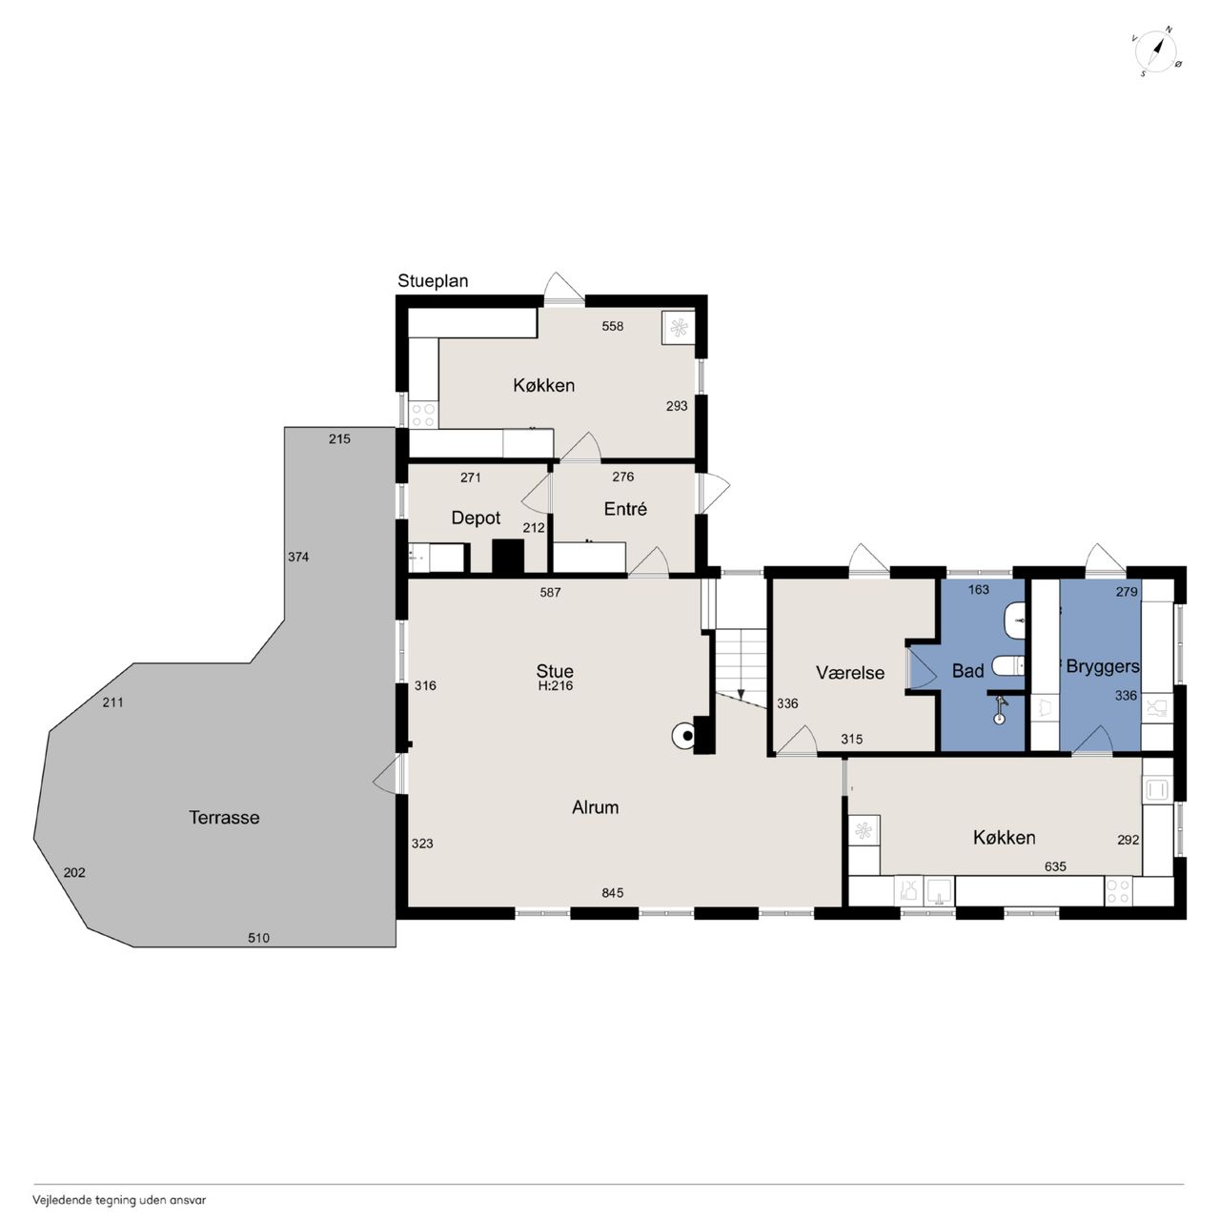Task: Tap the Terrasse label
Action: click(x=224, y=818)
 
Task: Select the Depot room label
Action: click(x=476, y=518)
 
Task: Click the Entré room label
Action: click(x=625, y=509)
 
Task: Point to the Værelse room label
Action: click(x=849, y=672)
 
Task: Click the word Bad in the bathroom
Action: click(x=968, y=670)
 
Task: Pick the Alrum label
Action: click(x=595, y=807)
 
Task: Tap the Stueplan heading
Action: click(x=433, y=281)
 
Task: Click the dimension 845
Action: click(x=613, y=893)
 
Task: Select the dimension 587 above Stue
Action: click(x=550, y=593)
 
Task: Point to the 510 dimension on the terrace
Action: click(x=258, y=938)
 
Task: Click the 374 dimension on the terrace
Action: click(x=298, y=558)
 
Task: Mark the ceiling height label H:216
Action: click(x=556, y=685)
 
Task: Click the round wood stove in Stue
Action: click(x=683, y=736)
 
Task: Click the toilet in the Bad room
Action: click(x=1007, y=665)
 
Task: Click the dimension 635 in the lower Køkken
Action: click(x=1055, y=866)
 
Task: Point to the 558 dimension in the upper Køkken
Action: click(x=612, y=326)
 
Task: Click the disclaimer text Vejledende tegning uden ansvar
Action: click(x=119, y=1200)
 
